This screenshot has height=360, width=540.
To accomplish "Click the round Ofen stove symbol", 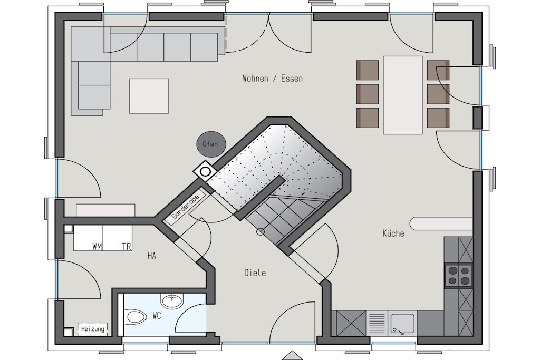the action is coord(211,144).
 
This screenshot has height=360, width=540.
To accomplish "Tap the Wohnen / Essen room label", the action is coord(273,79).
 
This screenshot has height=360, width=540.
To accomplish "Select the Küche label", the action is coord(393,233).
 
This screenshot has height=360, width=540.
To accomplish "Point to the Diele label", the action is coord(255,273).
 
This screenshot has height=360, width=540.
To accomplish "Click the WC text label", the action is coord(157,315).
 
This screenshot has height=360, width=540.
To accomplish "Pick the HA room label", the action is coord(151,256).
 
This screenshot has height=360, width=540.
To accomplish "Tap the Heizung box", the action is coord(93,329).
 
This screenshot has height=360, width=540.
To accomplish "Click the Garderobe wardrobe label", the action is coord(185,207).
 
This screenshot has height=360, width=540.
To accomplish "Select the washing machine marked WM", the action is coord(88,238).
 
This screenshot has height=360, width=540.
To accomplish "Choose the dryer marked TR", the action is coord(118,238).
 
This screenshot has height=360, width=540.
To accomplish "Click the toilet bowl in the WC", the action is coord(136,317).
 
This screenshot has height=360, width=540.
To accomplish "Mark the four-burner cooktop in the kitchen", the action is coord(458,275).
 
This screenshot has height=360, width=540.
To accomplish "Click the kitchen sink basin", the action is coord(402,324).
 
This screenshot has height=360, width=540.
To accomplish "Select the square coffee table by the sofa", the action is coord(149,96).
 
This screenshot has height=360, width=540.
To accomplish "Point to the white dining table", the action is coord(402,95).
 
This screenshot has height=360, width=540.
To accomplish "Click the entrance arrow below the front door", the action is coord(292,356).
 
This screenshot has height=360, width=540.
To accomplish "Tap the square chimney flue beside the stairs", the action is coord(205,171).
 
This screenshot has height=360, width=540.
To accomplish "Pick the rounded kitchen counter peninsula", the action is coord(441,223).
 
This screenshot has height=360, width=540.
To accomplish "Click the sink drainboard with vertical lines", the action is coord(377,324).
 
